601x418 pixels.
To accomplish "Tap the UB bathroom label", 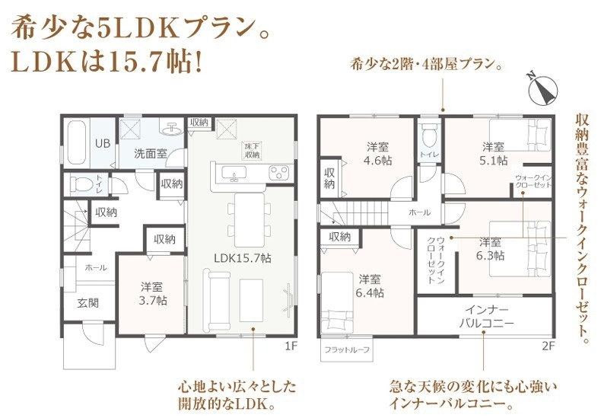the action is pos(103,144).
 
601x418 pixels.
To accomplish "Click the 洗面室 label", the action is pos(151,153).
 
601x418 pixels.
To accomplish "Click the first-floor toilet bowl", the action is pos(81,185).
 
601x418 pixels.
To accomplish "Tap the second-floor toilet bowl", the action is pos(429,136).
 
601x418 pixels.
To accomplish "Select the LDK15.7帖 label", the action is pos(242,258).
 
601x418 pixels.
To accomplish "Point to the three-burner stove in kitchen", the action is pos(281,172).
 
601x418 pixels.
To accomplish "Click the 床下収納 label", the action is pos(253,151).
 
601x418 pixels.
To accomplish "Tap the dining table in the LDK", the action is pos(249,220).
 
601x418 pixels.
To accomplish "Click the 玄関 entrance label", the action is pos(88,303).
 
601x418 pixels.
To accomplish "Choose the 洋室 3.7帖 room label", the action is pos(153,293).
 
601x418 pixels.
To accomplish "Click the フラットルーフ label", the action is pos(347,349).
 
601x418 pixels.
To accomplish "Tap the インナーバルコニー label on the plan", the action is pos(486,317).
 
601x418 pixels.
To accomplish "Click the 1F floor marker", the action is pos(291,346).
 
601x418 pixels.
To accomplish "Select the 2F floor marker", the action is pos(549,346).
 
